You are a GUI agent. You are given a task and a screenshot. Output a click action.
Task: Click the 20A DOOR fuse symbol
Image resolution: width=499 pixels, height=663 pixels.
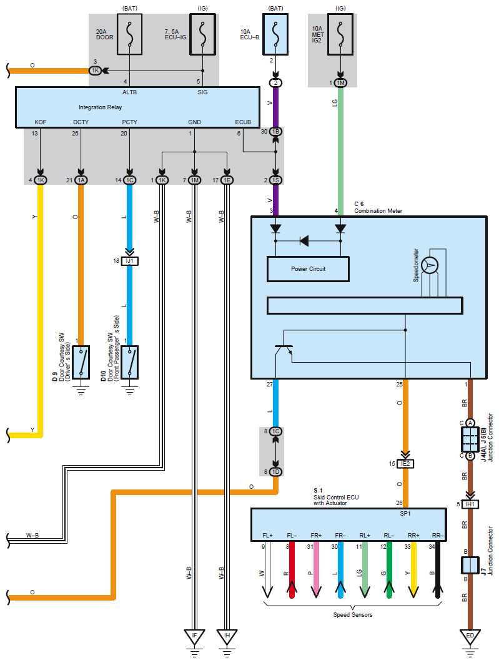130,34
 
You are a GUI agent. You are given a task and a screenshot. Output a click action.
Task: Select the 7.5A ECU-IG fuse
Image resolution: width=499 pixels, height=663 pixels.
203,34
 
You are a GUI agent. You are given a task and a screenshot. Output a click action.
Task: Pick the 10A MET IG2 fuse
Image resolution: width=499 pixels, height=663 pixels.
340,34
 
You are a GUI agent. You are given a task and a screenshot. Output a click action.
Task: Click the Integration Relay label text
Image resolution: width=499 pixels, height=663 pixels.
100,107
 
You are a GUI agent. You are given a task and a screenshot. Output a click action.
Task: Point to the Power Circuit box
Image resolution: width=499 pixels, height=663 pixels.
308,269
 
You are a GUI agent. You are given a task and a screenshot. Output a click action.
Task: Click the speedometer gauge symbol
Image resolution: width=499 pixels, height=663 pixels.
430,265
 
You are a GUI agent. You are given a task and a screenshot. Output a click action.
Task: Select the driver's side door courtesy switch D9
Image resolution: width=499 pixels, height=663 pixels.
81,362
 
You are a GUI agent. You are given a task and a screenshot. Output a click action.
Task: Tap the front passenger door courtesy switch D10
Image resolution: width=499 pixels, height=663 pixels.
130,362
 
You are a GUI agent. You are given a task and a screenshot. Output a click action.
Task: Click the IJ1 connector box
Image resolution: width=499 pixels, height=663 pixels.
129,261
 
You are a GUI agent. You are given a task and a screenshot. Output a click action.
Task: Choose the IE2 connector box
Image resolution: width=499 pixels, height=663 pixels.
405,463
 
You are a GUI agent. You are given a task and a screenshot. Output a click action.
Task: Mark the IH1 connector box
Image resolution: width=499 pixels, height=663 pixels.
470,504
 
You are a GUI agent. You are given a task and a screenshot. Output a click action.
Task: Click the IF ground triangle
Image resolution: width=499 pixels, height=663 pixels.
194,637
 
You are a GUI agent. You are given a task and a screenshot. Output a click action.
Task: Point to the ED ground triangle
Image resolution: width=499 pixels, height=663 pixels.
470,637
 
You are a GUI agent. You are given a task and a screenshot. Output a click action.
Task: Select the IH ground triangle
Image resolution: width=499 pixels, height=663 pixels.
227,637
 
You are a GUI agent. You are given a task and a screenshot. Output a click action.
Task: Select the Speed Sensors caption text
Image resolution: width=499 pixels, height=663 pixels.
352,615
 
